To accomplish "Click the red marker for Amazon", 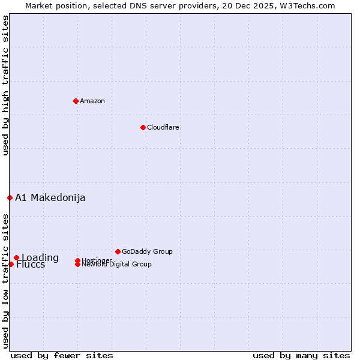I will pos(76,101).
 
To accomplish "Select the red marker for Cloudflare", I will pos(143,127).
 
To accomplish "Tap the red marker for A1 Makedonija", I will pos(10,197).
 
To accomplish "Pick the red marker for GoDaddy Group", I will pos(118,251).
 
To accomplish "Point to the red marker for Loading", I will pos(16,258).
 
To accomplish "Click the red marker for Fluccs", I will pos(11,264).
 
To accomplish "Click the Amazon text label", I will pos(92,101).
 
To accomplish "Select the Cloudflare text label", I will pos(163,127).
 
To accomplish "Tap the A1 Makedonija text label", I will pos(50,197).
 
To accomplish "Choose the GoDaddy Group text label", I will pos(147,251).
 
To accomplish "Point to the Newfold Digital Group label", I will pos(116,264).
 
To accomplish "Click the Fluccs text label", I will pos(31,265).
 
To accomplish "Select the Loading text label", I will pos(40,258).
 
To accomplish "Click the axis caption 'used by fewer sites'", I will pos(62,355).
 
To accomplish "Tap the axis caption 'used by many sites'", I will pos(301,355).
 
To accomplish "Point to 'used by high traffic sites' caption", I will pos(5,85).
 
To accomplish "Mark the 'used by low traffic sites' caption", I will pos(5,280).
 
